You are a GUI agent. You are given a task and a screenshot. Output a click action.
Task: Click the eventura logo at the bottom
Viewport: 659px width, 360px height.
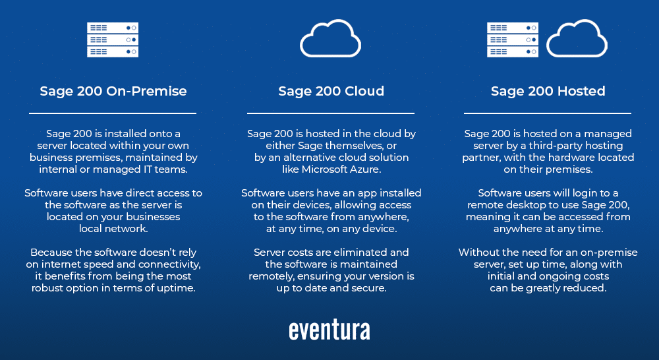pyautogui.click(x=329, y=330)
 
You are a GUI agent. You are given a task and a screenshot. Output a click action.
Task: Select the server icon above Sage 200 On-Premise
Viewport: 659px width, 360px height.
pyautogui.click(x=113, y=40)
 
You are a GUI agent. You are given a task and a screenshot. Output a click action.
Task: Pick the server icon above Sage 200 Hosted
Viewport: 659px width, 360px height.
pyautogui.click(x=513, y=40)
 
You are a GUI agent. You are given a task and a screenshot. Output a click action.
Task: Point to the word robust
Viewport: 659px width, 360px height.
pyautogui.click(x=46, y=288)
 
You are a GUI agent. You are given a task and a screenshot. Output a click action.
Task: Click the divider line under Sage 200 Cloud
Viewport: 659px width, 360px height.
pyautogui.click(x=330, y=113)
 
